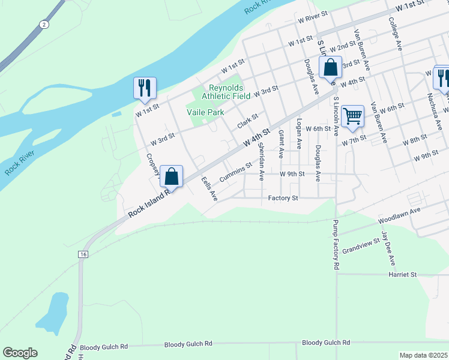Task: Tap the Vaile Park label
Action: [205, 112]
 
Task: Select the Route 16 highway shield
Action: [82, 255]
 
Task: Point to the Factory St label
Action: [283, 198]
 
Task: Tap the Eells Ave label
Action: [209, 188]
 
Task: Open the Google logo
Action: [20, 353]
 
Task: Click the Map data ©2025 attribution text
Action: [423, 355]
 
